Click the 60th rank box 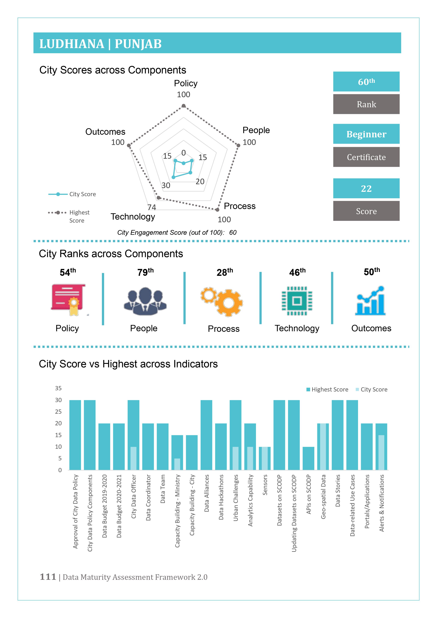tap(366, 82)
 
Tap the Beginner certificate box tap(366, 134)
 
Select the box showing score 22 tap(366, 188)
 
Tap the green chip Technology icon tap(297, 301)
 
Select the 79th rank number tap(145, 272)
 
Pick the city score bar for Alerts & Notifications tap(381, 452)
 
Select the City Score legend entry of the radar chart tap(72, 194)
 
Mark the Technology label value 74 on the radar tap(151, 207)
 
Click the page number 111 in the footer tap(48, 577)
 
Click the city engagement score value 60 tap(233, 232)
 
